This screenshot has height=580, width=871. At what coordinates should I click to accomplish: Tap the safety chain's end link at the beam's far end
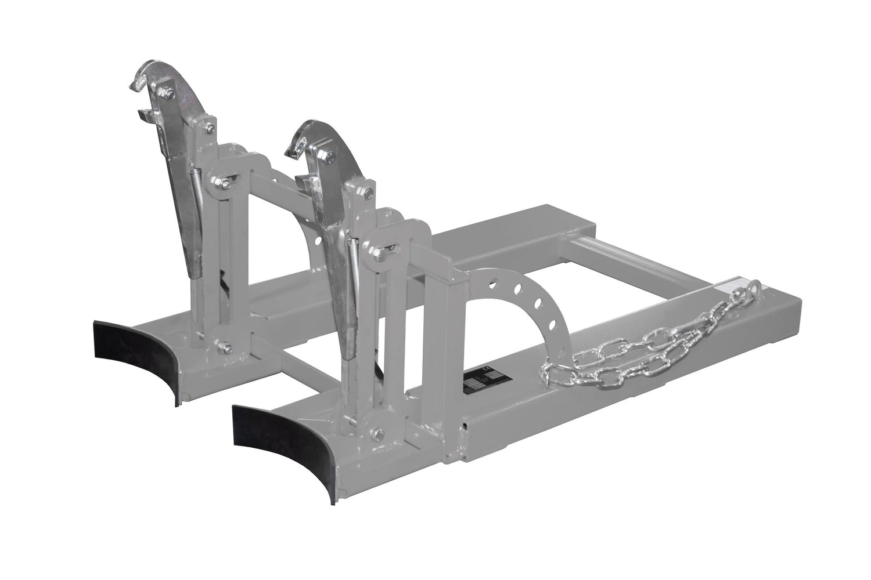(x=754, y=288)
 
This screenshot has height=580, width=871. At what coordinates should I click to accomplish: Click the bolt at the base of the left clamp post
(x=224, y=348)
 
